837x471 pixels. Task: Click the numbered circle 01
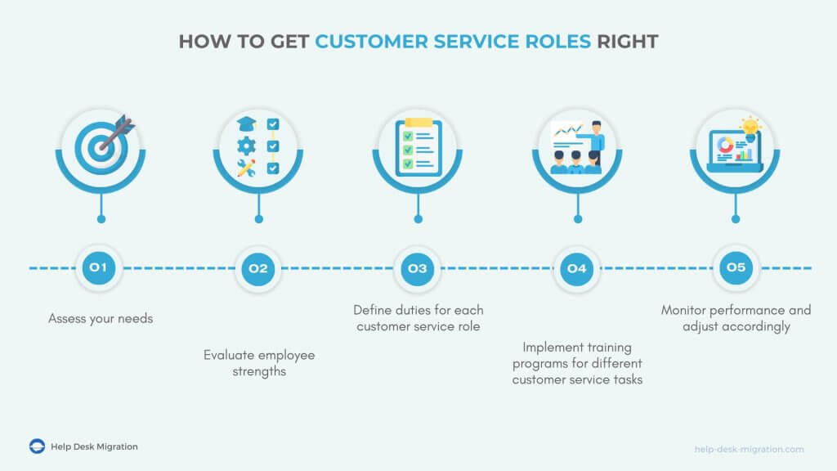99,268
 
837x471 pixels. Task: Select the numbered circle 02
257,268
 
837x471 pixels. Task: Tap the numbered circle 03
418,268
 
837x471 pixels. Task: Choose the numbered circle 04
576,268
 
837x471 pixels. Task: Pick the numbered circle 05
736,267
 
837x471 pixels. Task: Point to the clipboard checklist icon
418,147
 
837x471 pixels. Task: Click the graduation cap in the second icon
247,124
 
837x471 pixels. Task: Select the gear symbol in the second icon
246,146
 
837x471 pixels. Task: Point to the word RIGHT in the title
627,42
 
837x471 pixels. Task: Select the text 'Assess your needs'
101,319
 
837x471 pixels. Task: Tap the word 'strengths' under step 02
259,372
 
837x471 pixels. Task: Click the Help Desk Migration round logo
37,446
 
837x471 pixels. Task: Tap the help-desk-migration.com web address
749,449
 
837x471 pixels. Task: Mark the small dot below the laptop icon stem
736,219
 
